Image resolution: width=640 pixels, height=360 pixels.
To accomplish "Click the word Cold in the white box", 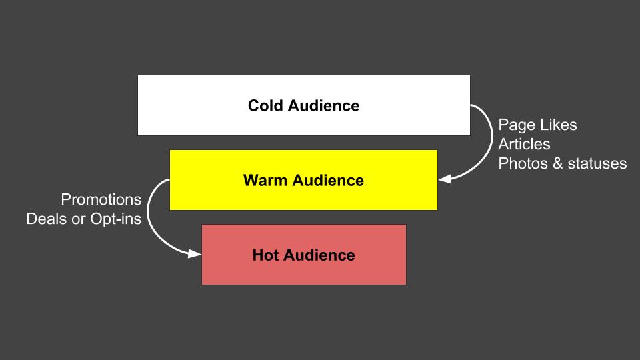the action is pos(265,105).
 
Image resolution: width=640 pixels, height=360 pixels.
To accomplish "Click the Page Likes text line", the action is pos(537,125).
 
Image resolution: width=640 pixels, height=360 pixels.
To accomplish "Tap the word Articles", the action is pos(524,144).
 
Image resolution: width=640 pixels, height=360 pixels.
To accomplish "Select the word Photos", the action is pos(522,163).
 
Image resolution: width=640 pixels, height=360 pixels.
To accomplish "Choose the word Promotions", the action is pos(101,199).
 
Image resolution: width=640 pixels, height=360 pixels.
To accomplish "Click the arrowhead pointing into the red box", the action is pos(195,254).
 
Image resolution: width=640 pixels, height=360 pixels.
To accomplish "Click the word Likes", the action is pos(559,125).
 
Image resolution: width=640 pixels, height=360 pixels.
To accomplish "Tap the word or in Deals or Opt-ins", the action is pos(79,219).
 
